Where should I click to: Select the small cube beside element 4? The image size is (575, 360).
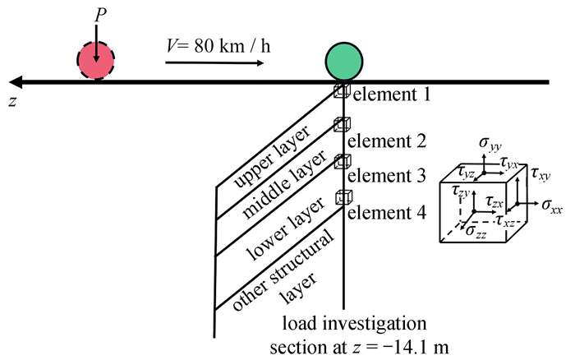tap(343, 197)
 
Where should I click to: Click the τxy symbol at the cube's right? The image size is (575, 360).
tap(541, 174)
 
